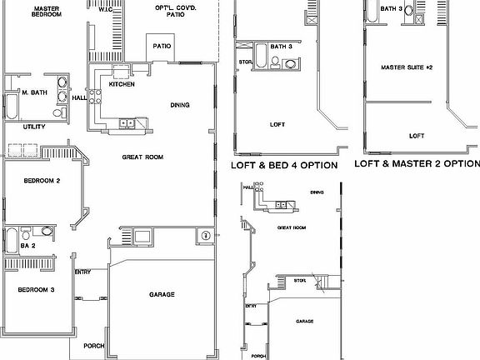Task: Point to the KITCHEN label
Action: [122, 84]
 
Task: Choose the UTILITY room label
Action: [33, 127]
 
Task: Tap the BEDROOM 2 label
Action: [40, 180]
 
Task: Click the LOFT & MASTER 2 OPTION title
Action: [417, 163]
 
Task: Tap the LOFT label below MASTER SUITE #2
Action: [416, 135]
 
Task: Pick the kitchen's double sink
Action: [127, 123]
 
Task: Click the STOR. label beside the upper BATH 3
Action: [245, 62]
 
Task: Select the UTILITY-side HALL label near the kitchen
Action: [79, 97]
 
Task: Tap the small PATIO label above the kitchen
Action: [162, 46]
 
